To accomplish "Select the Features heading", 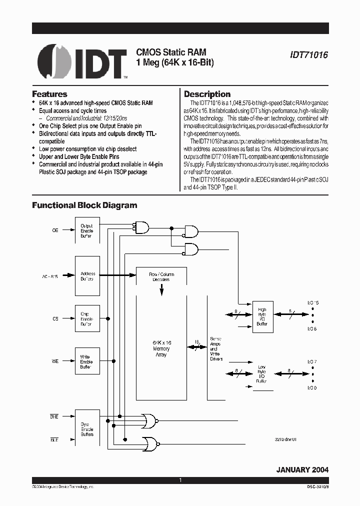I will pyautogui.click(x=49, y=94).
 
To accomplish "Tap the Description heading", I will pyautogui.click(x=207, y=94).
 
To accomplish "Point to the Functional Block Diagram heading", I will pyautogui.click(x=84, y=205).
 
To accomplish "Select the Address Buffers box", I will pyautogui.click(x=87, y=276).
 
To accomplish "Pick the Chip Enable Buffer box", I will pyautogui.click(x=87, y=319).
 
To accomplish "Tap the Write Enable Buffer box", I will pyautogui.click(x=87, y=362).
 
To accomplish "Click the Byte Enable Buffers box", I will pyautogui.click(x=87, y=428).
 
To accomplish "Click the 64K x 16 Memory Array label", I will pyautogui.click(x=161, y=348).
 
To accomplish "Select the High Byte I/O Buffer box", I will pyautogui.click(x=262, y=317).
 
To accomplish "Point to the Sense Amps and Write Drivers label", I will pyautogui.click(x=216, y=348).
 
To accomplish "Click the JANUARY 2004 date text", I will pyautogui.click(x=302, y=470).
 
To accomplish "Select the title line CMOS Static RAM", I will pyautogui.click(x=171, y=52).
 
